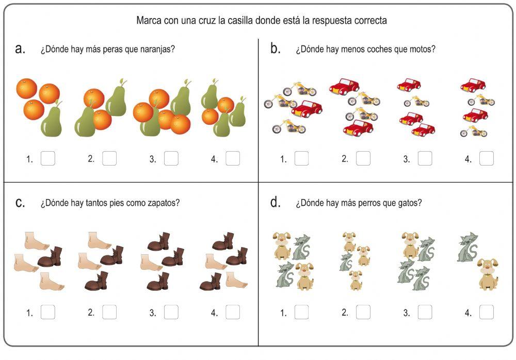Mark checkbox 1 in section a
click(48, 158)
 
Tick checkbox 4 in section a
click(233, 158)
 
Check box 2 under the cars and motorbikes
click(363, 158)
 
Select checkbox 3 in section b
click(425, 158)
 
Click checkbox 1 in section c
click(48, 312)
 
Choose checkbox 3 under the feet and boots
click(171, 312)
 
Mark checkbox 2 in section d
click(363, 312)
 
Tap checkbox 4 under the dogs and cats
click(486, 312)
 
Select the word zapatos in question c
click(165, 203)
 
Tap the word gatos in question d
click(410, 203)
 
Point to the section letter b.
click(276, 48)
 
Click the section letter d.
click(276, 202)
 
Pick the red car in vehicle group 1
click(308, 109)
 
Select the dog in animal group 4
click(488, 273)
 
